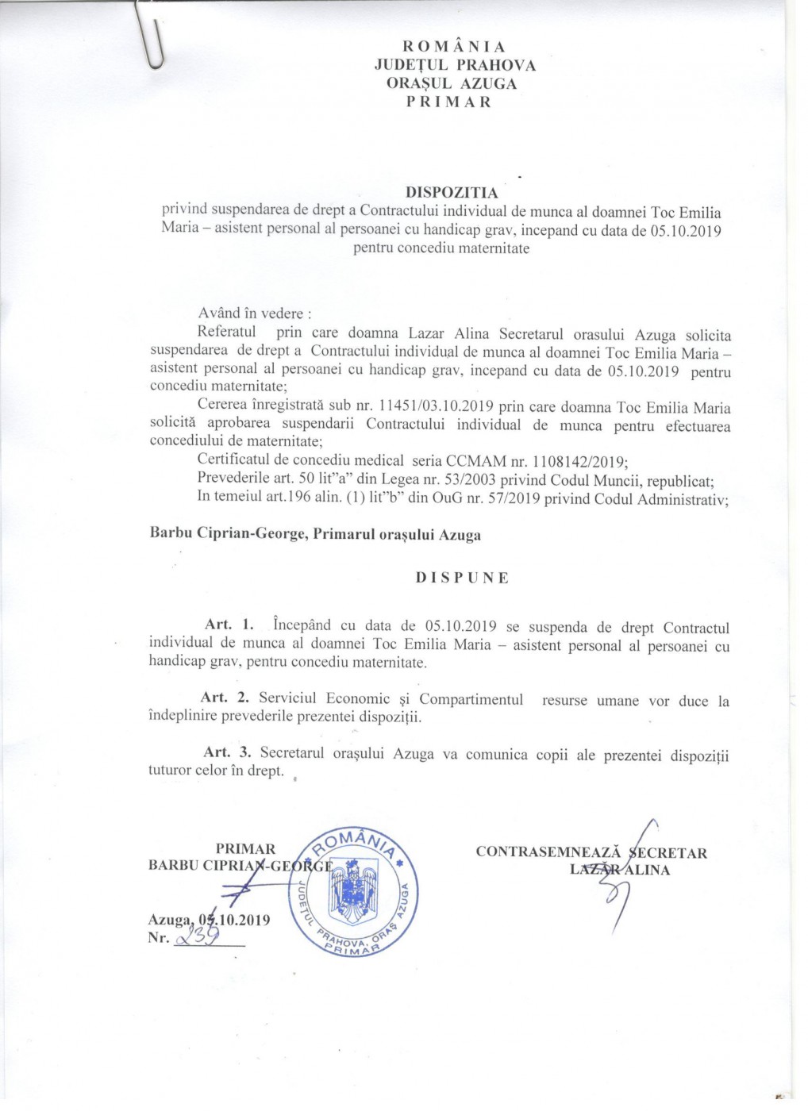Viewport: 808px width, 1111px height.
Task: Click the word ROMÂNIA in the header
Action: [x=455, y=47]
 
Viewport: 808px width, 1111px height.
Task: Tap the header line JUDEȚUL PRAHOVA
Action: [x=455, y=65]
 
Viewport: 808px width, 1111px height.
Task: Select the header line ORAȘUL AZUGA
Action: [x=452, y=83]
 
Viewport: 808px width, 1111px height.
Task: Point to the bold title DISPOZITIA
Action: [x=452, y=193]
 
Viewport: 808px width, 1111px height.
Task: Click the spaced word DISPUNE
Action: [x=462, y=578]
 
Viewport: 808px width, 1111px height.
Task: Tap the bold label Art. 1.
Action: [x=229, y=625]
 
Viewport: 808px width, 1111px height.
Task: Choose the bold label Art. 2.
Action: [x=226, y=698]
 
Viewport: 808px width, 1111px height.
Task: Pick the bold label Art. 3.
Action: [x=227, y=752]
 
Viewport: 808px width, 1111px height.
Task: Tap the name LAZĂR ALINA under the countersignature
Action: [x=620, y=870]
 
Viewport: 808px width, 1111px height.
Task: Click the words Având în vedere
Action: [x=254, y=313]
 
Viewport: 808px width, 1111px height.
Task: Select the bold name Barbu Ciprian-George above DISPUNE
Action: [x=228, y=535]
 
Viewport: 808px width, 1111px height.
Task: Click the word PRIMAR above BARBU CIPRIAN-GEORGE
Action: [x=245, y=849]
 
